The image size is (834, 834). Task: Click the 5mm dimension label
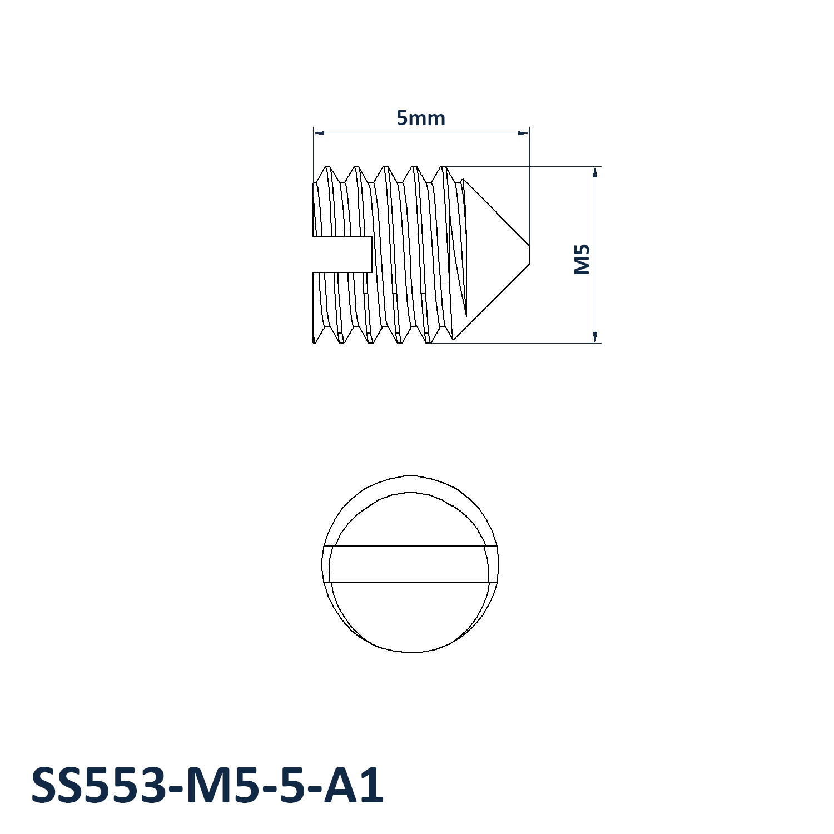(x=421, y=118)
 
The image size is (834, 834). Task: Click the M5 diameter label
(x=582, y=259)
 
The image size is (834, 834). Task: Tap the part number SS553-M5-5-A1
(x=207, y=785)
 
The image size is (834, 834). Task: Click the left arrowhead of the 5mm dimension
(x=319, y=133)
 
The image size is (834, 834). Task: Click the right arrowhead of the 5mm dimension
(x=523, y=133)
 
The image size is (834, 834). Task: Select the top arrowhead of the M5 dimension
(x=595, y=172)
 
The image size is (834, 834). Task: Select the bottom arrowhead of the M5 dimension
(x=595, y=337)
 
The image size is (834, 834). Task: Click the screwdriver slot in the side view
(x=342, y=254)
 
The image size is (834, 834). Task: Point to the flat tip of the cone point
(x=529, y=254)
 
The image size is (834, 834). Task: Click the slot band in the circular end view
(x=410, y=564)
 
